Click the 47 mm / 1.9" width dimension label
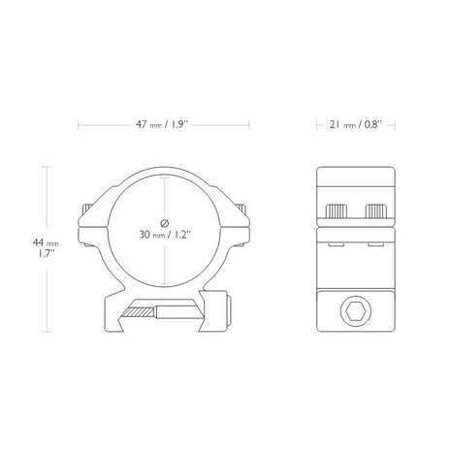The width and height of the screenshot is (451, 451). (163, 125)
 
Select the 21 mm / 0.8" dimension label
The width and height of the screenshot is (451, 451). (355, 125)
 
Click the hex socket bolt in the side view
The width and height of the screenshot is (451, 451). (354, 311)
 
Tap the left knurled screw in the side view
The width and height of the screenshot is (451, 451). (339, 210)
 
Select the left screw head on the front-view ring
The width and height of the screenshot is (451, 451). (87, 211)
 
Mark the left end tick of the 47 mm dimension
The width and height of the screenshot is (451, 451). (78, 125)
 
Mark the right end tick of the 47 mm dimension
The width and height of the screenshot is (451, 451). (250, 125)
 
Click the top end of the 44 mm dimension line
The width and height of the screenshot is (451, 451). (48, 165)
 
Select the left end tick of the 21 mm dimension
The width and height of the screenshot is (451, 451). (318, 125)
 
